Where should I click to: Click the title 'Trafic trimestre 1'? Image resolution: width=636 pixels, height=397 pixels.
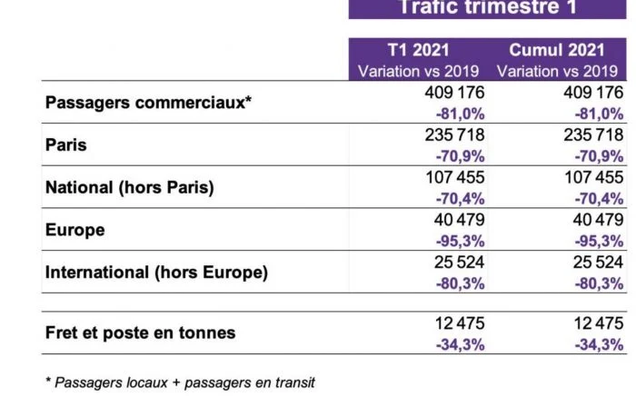point(487,8)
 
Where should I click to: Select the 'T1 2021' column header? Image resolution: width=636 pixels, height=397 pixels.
point(419,50)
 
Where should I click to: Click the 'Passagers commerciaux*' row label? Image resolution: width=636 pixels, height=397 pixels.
point(148,103)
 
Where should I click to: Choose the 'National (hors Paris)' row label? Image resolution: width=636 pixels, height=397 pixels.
point(129,188)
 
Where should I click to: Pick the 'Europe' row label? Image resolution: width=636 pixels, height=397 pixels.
point(75,230)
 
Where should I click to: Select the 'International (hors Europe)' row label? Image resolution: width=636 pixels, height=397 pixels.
point(156,273)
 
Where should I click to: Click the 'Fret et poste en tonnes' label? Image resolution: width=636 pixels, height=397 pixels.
point(140,332)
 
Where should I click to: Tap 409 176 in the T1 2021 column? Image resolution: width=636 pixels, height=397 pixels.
point(454,93)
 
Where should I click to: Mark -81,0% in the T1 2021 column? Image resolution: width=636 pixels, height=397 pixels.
point(460,114)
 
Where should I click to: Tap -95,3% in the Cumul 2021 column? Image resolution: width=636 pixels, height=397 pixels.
point(599,241)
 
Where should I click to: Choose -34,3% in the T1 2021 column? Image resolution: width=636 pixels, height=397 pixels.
point(460,343)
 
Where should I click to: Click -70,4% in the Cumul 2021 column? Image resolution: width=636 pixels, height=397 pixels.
point(599,198)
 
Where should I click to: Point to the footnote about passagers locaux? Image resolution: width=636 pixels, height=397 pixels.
point(180,382)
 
